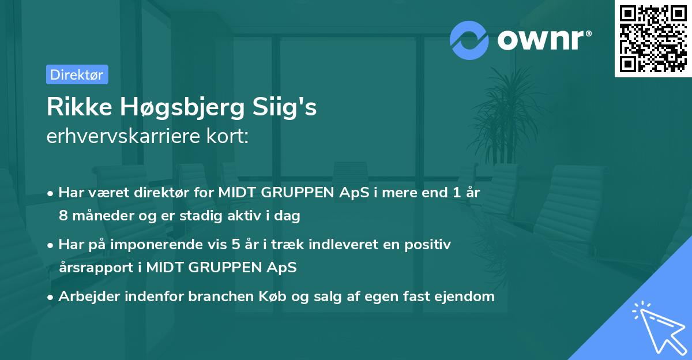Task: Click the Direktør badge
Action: (77, 74)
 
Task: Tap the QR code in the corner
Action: (653, 39)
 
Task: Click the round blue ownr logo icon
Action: (469, 40)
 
